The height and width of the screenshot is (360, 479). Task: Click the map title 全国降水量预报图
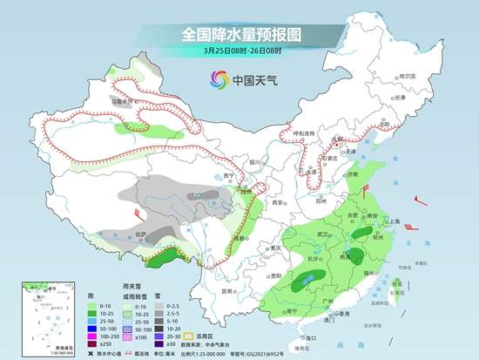(239, 34)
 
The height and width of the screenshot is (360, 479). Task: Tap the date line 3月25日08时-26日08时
(239, 51)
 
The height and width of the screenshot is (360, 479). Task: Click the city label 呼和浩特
(305, 132)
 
